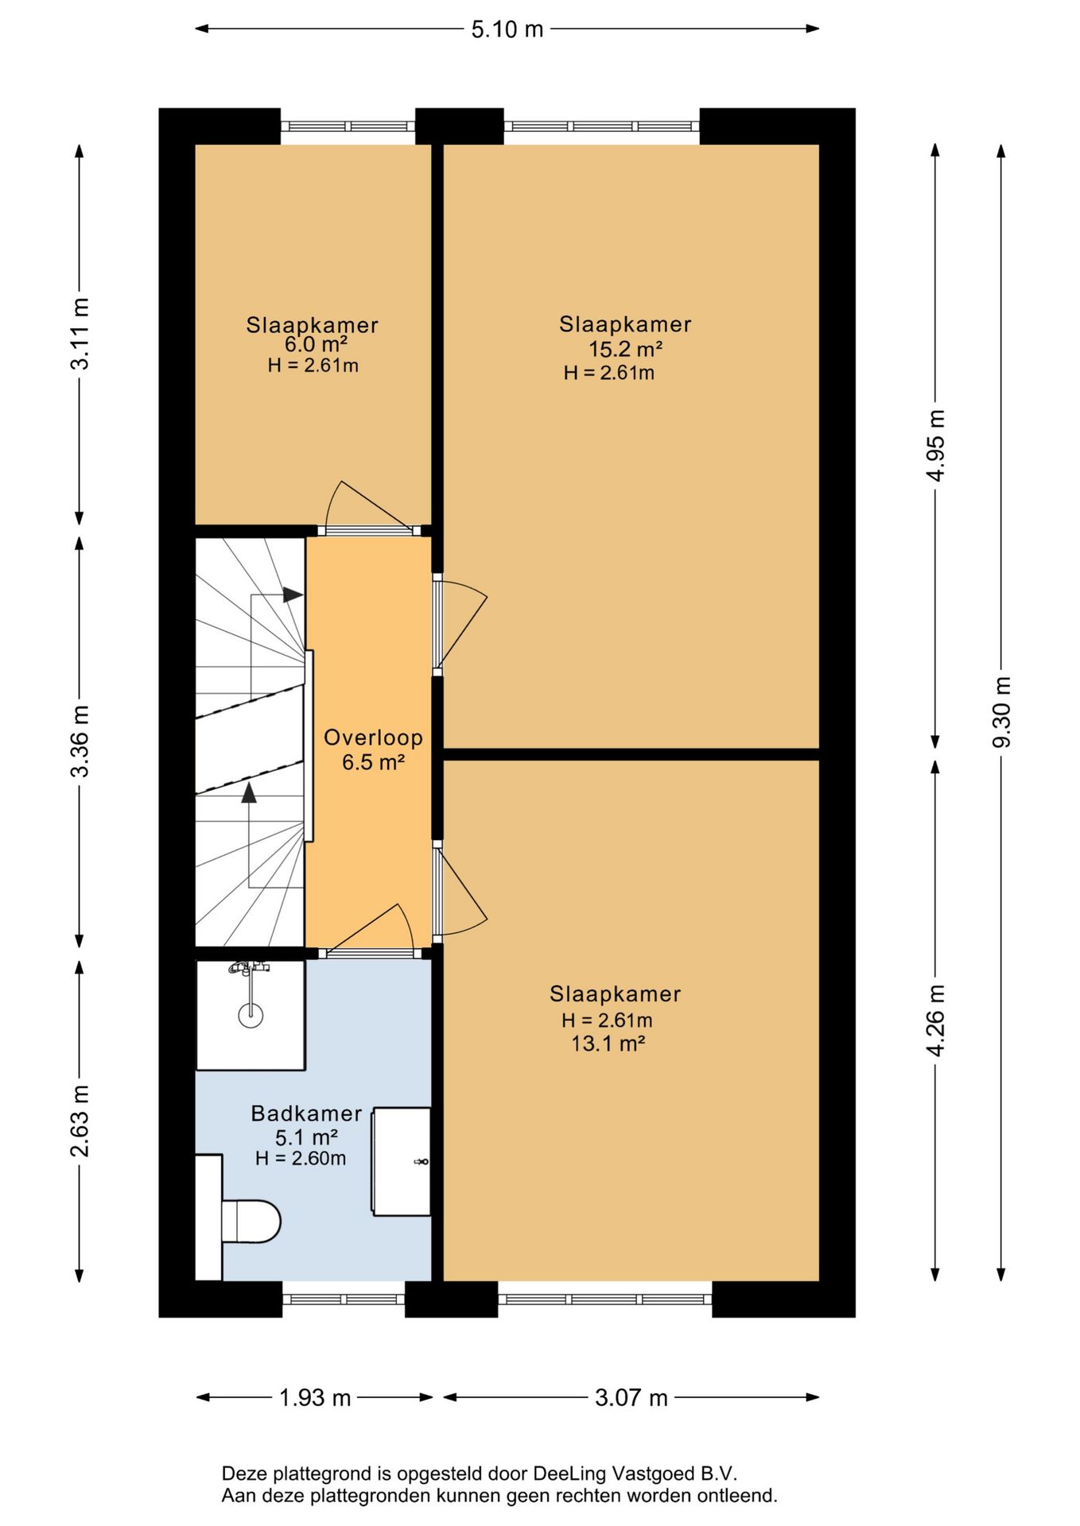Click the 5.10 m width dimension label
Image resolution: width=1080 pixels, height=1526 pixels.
pyautogui.click(x=507, y=29)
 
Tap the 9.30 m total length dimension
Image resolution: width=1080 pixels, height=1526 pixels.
pyautogui.click(x=1001, y=711)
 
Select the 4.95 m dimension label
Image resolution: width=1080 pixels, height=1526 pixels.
pyautogui.click(x=936, y=445)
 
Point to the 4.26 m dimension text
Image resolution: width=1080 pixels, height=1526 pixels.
pyautogui.click(x=936, y=1020)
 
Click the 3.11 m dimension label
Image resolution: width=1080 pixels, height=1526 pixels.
pyautogui.click(x=80, y=334)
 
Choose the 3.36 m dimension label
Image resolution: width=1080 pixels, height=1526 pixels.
pyautogui.click(x=80, y=741)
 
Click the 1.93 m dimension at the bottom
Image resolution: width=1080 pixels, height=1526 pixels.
pyautogui.click(x=315, y=1397)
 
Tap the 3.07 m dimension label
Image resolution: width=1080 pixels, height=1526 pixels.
pyautogui.click(x=631, y=1397)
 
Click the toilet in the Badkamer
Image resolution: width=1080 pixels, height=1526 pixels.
pyautogui.click(x=251, y=1221)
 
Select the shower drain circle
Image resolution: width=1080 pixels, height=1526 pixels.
pyautogui.click(x=251, y=1014)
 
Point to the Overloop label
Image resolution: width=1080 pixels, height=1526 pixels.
pyautogui.click(x=373, y=738)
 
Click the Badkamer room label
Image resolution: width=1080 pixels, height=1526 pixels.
pyautogui.click(x=306, y=1114)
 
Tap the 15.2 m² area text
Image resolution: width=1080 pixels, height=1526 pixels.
pyautogui.click(x=626, y=349)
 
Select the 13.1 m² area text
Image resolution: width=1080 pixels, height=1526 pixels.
pyautogui.click(x=608, y=1044)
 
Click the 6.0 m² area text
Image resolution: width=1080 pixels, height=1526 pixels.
pyautogui.click(x=316, y=344)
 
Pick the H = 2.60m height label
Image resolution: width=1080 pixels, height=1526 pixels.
pyautogui.click(x=301, y=1159)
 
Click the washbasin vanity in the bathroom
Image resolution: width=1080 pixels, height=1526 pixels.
pyautogui.click(x=402, y=1161)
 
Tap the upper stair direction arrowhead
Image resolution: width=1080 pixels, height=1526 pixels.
pyautogui.click(x=293, y=595)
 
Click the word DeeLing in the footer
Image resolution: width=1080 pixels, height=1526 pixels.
pyautogui.click(x=569, y=1474)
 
